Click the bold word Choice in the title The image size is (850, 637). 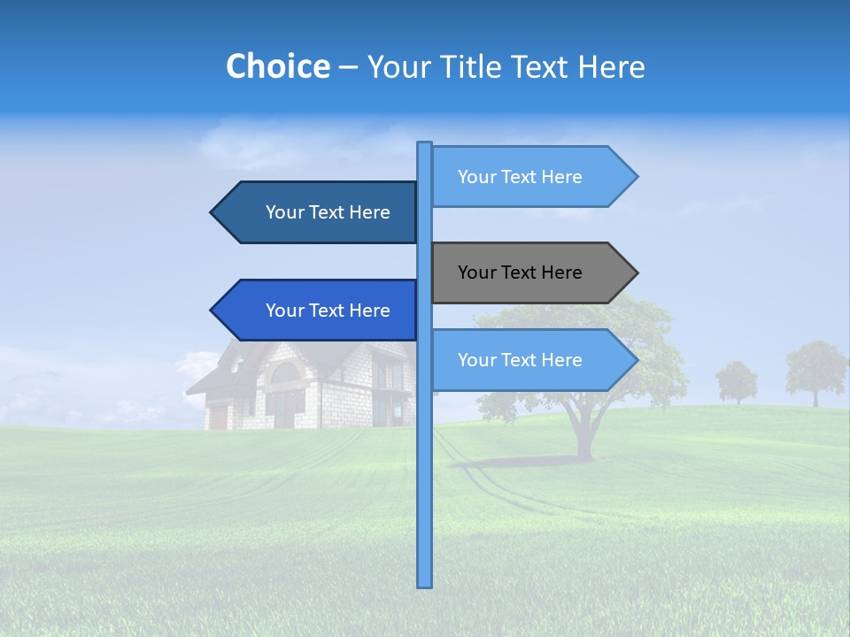(x=277, y=66)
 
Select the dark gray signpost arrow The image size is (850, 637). (x=531, y=272)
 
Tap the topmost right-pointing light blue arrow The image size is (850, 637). (x=531, y=176)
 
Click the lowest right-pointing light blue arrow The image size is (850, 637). (x=531, y=360)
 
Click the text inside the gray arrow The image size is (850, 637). (x=520, y=272)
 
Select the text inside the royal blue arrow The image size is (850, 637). (x=328, y=311)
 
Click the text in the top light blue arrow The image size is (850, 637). (x=520, y=177)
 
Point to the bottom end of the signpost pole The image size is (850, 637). (x=424, y=584)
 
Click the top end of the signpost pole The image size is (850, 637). (x=424, y=145)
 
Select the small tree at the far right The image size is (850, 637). (x=815, y=370)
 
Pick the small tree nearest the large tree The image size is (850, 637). (x=737, y=380)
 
